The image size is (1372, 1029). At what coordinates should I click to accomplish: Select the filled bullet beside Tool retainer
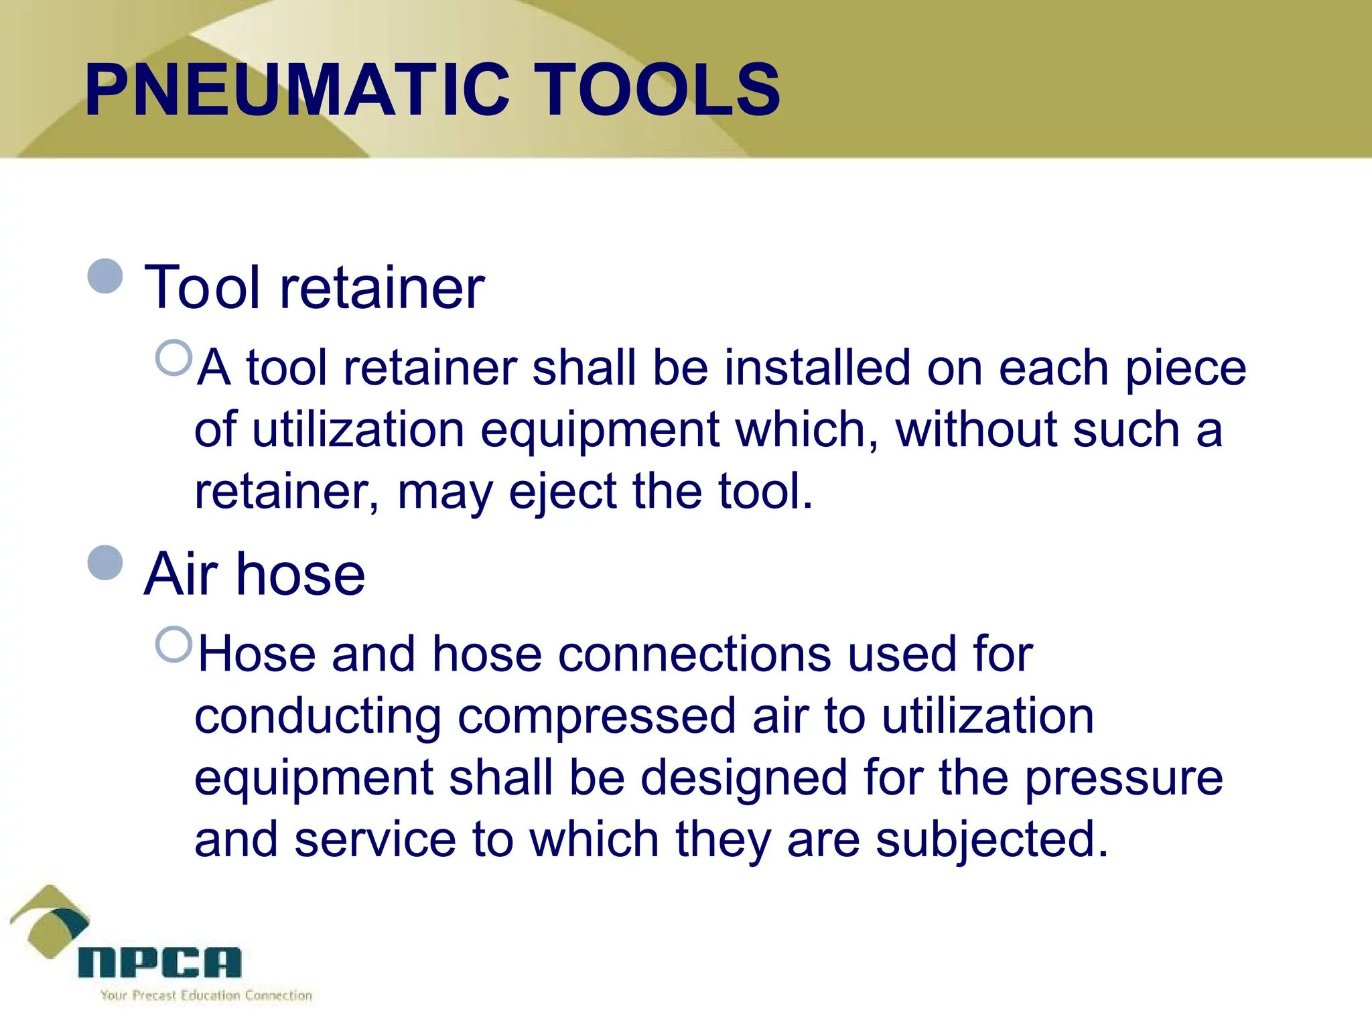pos(106,276)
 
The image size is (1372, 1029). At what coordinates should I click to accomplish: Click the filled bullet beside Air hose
pos(106,562)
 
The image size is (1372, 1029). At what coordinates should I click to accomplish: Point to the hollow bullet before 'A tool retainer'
pos(174,358)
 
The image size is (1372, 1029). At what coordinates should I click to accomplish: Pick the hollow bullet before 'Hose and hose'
pos(174,644)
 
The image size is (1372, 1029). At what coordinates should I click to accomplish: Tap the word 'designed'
pos(744,778)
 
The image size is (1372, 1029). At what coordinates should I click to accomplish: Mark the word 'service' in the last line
pos(375,840)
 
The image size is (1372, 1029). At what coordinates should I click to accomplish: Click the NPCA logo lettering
pos(159,963)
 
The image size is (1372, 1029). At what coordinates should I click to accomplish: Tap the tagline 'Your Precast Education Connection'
pos(206,996)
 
